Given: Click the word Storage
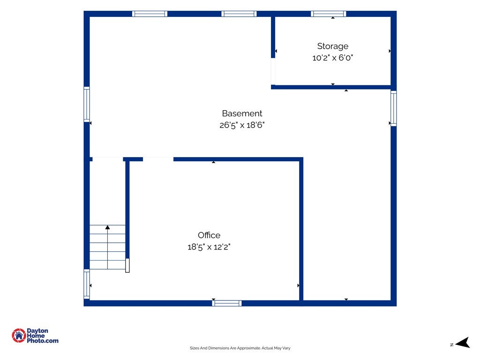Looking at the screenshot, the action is point(332,46).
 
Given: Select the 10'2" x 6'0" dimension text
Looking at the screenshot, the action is point(332,58).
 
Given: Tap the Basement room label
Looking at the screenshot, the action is point(242,113).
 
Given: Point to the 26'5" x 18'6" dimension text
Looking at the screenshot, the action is point(242,125).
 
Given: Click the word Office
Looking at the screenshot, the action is point(209,235).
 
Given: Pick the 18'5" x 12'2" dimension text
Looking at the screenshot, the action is point(209,247).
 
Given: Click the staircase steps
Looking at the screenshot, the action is point(107,247).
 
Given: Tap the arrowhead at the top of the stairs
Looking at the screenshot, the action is point(107,227).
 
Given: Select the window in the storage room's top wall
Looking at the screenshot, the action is point(329,14).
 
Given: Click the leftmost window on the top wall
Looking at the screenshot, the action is point(150,14).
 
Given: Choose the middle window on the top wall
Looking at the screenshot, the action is point(239,14).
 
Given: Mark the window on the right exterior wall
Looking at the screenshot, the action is point(394,108).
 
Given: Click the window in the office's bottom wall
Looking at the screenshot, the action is point(227,303).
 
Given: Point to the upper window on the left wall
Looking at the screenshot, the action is point(87,105).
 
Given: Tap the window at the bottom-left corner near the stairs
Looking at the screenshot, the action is point(87,284).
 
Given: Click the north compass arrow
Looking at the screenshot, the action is point(463,343).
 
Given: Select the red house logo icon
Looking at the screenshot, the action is point(19,336).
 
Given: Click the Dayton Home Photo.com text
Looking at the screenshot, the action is point(42,336).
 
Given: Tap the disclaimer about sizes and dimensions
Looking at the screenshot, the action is point(240,348).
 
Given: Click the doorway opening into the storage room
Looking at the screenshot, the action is point(273,71).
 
